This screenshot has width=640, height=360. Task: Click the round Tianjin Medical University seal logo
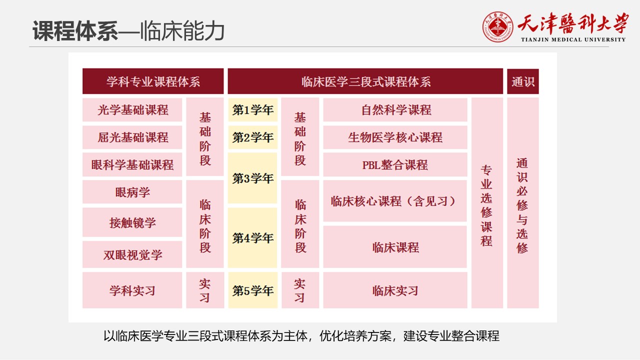(497, 27)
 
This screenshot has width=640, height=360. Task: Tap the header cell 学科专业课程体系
(153, 81)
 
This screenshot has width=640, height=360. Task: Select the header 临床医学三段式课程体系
(365, 81)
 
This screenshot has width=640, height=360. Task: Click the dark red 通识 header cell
(523, 81)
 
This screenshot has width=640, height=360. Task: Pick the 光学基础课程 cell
(132, 109)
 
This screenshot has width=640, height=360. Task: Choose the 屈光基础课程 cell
(132, 137)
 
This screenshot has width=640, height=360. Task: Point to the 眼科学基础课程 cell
(132, 164)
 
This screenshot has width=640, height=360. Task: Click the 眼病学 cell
(132, 191)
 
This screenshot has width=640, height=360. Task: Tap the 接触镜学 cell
(132, 222)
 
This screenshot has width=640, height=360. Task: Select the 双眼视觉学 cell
(132, 254)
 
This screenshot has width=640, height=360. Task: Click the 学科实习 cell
(132, 290)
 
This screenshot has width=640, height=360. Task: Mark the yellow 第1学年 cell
(253, 109)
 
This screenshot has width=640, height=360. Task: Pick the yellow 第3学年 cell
(252, 178)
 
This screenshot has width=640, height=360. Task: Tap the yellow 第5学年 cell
(253, 290)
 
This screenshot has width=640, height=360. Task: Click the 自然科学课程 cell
(395, 109)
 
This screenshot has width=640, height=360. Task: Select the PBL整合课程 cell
(395, 164)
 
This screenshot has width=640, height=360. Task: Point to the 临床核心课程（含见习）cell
(395, 201)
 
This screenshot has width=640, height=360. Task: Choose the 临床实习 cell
(395, 290)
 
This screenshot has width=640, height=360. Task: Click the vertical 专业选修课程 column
(487, 203)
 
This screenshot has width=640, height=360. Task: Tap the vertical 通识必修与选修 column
(523, 203)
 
